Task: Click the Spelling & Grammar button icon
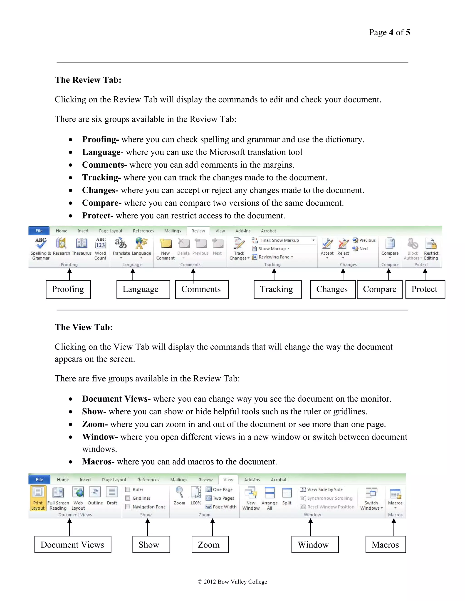tap(41, 243)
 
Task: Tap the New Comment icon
tap(166, 243)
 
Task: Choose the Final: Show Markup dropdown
tap(287, 240)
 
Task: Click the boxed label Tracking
tap(277, 289)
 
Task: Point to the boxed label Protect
tap(425, 289)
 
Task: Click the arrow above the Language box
tap(133, 274)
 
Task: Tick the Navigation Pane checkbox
tap(128, 507)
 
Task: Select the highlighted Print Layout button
tap(38, 498)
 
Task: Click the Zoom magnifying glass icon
tap(179, 492)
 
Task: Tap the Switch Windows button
tap(371, 498)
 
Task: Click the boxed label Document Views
tap(72, 545)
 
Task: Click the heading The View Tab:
tap(84, 327)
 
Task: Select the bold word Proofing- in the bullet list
tap(100, 139)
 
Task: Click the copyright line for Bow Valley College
tap(232, 582)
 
